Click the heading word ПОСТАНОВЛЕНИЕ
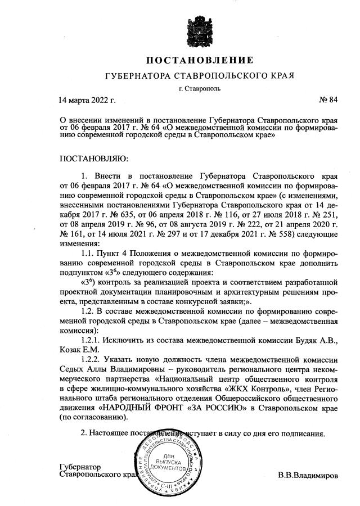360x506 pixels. click(x=200, y=60)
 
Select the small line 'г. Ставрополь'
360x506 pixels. click(x=200, y=88)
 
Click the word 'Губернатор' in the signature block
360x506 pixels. click(x=80, y=467)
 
